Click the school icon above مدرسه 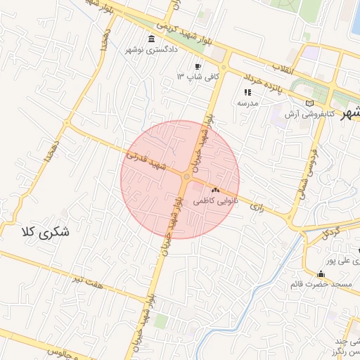point(247,92)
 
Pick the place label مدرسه point(247,103)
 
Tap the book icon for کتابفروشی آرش point(310,103)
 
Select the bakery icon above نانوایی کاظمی point(215,191)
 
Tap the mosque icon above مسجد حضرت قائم point(321,274)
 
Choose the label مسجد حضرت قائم point(321,285)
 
